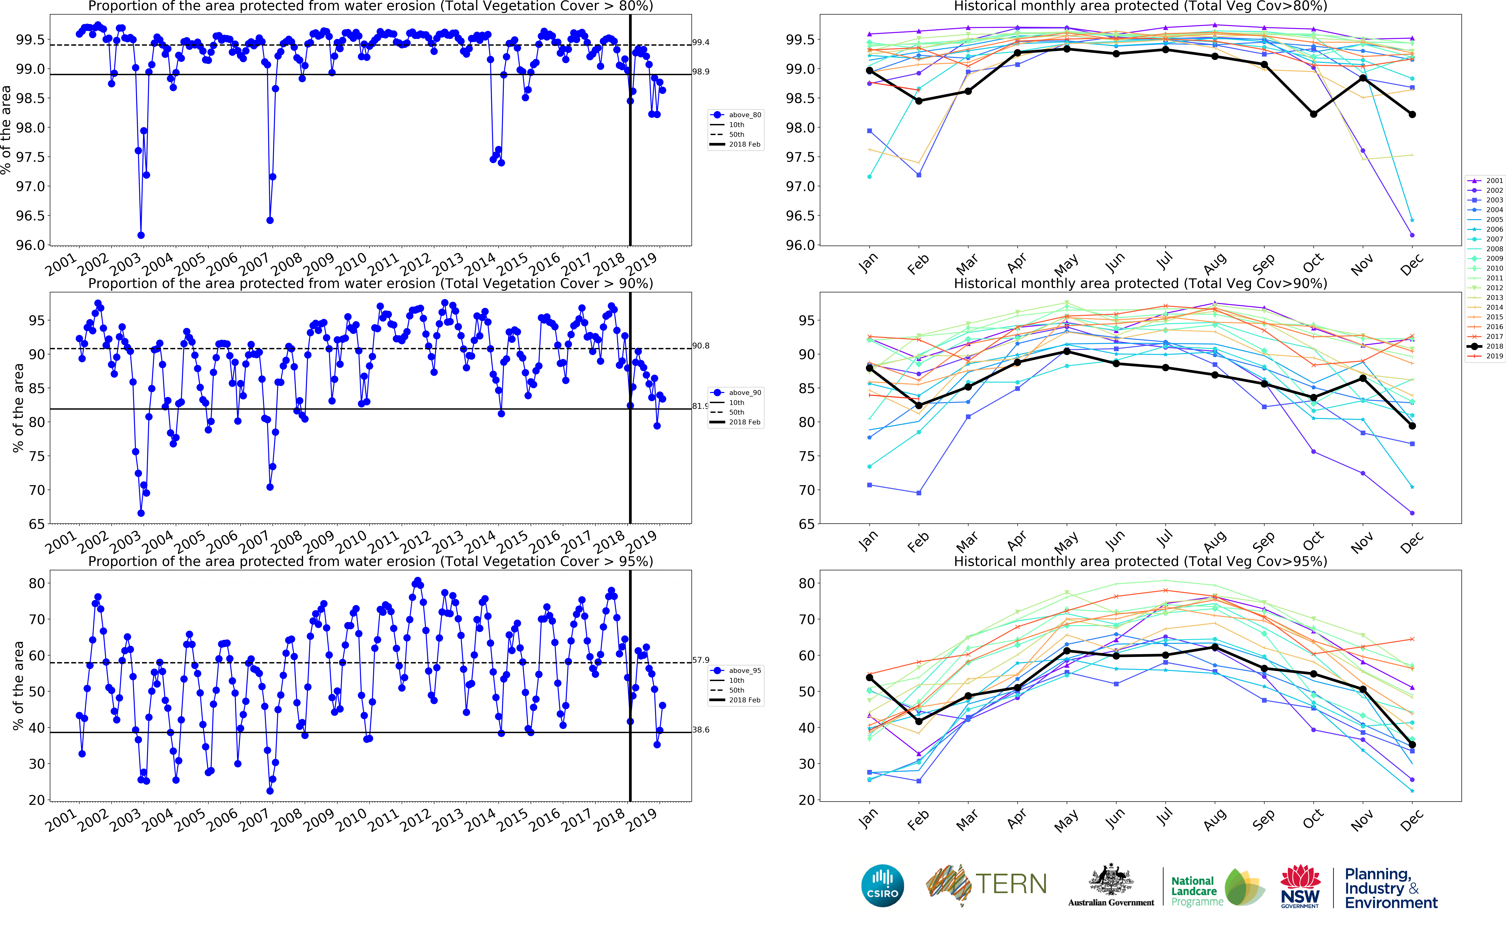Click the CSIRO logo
tap(882, 885)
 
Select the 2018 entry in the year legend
tap(1489, 346)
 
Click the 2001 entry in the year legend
tap(1489, 181)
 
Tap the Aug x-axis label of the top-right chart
tap(1214, 264)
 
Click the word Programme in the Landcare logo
tap(1197, 902)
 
